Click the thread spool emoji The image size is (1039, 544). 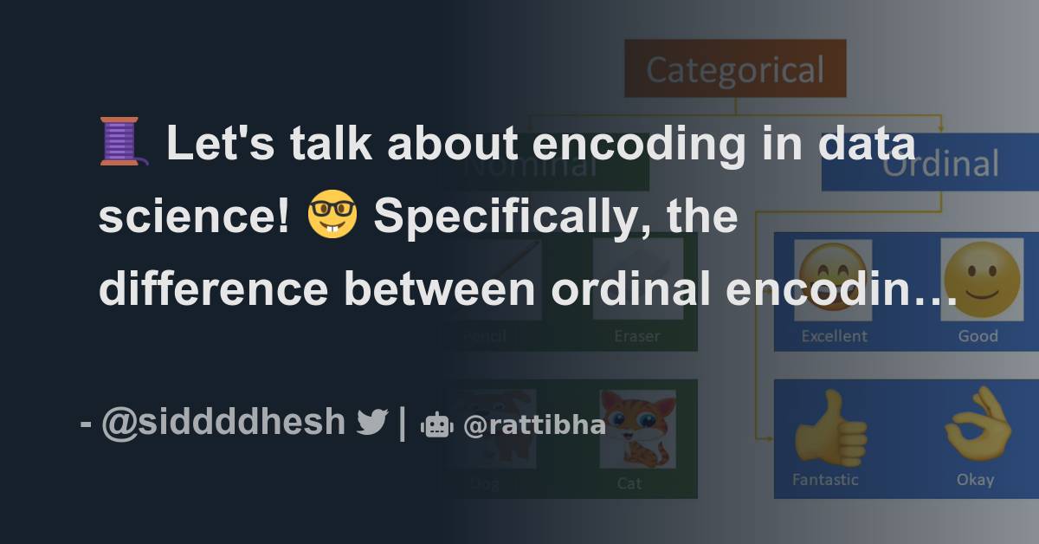click(123, 143)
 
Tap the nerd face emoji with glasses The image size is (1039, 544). click(332, 217)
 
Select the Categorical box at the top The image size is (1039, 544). click(735, 69)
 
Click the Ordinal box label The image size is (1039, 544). click(939, 164)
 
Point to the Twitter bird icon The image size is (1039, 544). click(371, 422)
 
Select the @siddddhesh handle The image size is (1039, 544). click(223, 422)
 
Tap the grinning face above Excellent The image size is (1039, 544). click(833, 279)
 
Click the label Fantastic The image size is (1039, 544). click(825, 479)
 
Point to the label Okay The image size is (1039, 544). click(975, 479)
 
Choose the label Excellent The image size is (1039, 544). click(834, 336)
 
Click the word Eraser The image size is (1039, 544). click(637, 336)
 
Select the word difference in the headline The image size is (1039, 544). click(213, 288)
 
